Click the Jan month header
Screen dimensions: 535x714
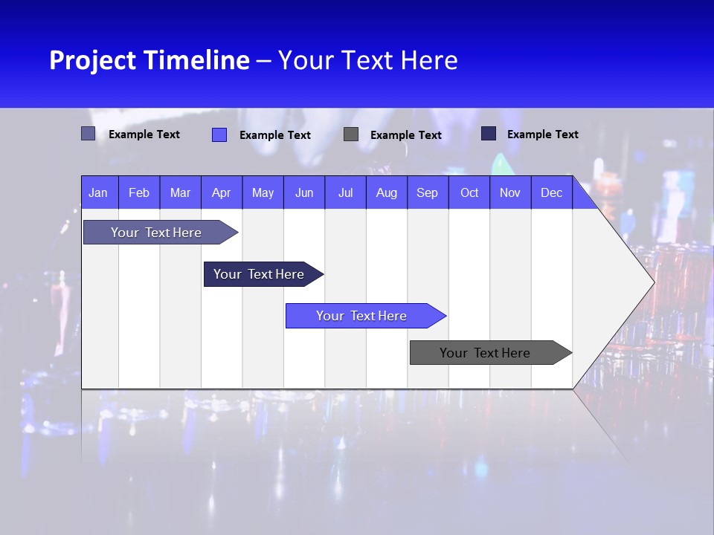[98, 192]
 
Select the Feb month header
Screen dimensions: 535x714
[139, 192]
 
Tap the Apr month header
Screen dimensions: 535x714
[221, 192]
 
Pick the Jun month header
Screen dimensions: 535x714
[304, 192]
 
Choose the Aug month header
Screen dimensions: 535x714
[386, 192]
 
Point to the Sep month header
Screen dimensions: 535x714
[427, 192]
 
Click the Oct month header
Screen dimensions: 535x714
[469, 192]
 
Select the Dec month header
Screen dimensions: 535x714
[551, 192]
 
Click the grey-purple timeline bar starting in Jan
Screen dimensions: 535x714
[156, 233]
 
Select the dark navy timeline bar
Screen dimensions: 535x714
[259, 274]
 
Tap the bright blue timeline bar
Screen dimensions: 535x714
[361, 316]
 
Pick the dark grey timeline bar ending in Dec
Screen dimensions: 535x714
[485, 353]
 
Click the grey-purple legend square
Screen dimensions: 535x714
[89, 134]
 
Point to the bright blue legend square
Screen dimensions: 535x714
[219, 134]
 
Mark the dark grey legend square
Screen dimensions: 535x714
[351, 134]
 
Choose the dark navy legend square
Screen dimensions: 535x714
[489, 133]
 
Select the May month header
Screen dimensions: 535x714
[263, 192]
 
